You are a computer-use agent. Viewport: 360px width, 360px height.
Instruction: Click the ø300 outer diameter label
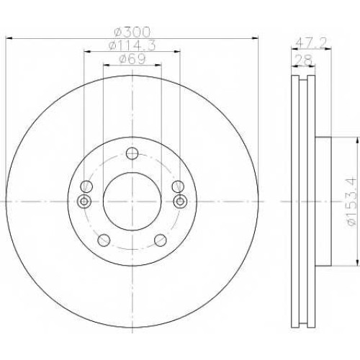[x=132, y=32]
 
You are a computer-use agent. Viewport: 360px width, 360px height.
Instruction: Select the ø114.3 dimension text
[x=132, y=45]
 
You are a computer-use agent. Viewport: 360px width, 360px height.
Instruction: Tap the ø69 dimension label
[x=132, y=59]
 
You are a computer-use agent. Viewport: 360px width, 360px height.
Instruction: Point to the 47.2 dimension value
[x=311, y=43]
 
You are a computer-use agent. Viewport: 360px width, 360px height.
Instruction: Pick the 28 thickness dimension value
[x=303, y=60]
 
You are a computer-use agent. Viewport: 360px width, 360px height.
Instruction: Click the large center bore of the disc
[x=132, y=202]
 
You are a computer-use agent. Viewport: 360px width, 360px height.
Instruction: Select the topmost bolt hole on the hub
[x=132, y=153]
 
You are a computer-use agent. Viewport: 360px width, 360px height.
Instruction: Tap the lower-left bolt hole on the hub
[x=104, y=240]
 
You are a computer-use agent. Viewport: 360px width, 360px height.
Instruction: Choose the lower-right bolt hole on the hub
[x=161, y=240]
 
